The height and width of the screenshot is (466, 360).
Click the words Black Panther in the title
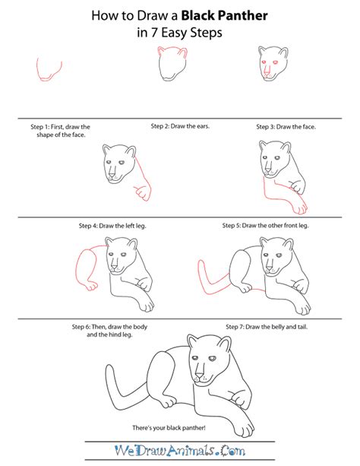224,15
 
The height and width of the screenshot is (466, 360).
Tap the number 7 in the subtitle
154,33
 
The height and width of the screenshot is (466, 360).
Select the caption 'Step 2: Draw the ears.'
180,126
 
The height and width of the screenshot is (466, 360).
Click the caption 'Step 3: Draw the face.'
286,127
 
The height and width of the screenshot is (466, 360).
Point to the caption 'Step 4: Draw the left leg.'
112,226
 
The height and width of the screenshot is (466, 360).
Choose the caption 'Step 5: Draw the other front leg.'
266,226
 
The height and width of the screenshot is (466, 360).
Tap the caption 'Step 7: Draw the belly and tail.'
267,327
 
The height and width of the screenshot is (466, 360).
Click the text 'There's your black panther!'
169,428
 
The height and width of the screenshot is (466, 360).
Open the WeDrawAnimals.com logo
180,451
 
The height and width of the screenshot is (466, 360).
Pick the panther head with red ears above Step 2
172,64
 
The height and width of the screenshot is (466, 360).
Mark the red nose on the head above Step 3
267,73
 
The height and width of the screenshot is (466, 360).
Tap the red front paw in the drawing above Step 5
300,207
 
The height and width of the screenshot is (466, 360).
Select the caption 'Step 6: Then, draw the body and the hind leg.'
109,331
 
